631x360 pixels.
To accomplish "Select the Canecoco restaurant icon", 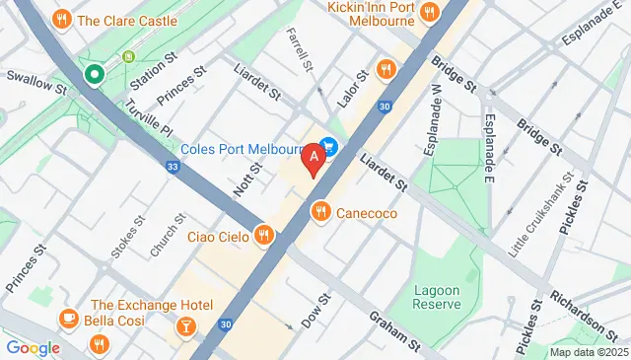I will (319, 211).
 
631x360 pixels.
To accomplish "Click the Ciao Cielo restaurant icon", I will (263, 235).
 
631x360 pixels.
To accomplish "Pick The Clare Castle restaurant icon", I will (62, 19).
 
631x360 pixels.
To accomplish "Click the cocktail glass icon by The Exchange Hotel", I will (185, 324).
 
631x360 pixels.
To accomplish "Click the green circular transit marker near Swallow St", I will (95, 74).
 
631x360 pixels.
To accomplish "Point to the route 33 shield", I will (174, 167).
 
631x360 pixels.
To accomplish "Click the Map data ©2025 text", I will (588, 352).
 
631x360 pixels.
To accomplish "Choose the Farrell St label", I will (299, 46).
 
